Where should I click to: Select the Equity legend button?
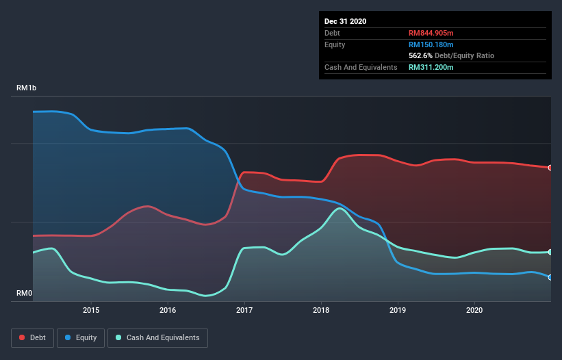(81, 337)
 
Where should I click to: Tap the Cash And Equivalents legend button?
(157, 337)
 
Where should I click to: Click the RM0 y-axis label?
(25, 294)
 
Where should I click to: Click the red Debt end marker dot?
(550, 168)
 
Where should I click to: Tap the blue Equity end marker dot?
(550, 277)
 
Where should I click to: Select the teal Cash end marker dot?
(550, 252)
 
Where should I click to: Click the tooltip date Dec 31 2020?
(346, 21)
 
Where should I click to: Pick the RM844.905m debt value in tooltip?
(432, 33)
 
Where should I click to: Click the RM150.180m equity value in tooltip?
(431, 44)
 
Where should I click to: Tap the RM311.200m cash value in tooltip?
(431, 67)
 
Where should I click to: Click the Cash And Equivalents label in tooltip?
(361, 67)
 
